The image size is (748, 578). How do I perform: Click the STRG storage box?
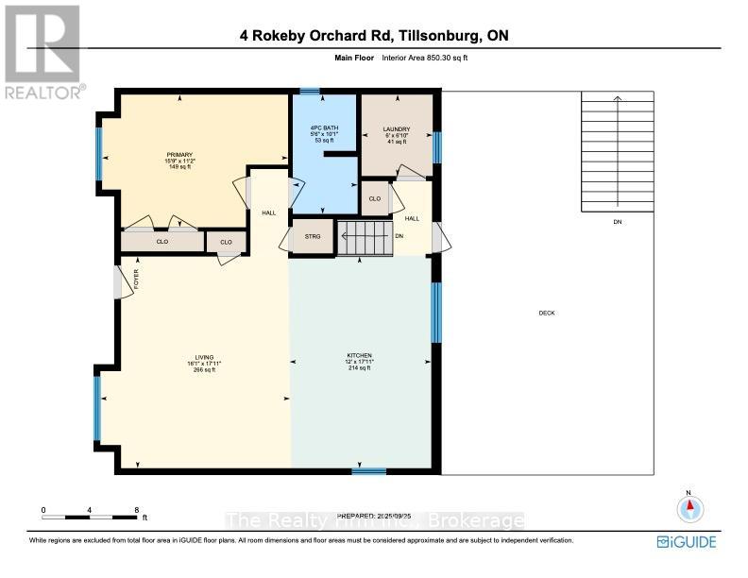tap(312, 237)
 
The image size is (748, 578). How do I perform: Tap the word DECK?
tap(547, 313)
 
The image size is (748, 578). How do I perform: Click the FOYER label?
tap(135, 280)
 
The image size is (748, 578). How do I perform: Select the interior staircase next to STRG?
tap(365, 237)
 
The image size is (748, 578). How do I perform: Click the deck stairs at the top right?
tap(615, 151)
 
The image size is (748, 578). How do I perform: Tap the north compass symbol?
tap(690, 508)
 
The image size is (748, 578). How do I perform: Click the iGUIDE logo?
tap(687, 541)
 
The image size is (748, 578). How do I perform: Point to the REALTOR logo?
tap(42, 52)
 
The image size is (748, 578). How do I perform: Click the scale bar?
tap(90, 516)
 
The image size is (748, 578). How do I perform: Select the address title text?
tap(374, 38)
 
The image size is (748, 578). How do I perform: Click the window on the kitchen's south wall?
tap(368, 469)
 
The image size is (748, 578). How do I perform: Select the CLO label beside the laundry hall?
tap(374, 198)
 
